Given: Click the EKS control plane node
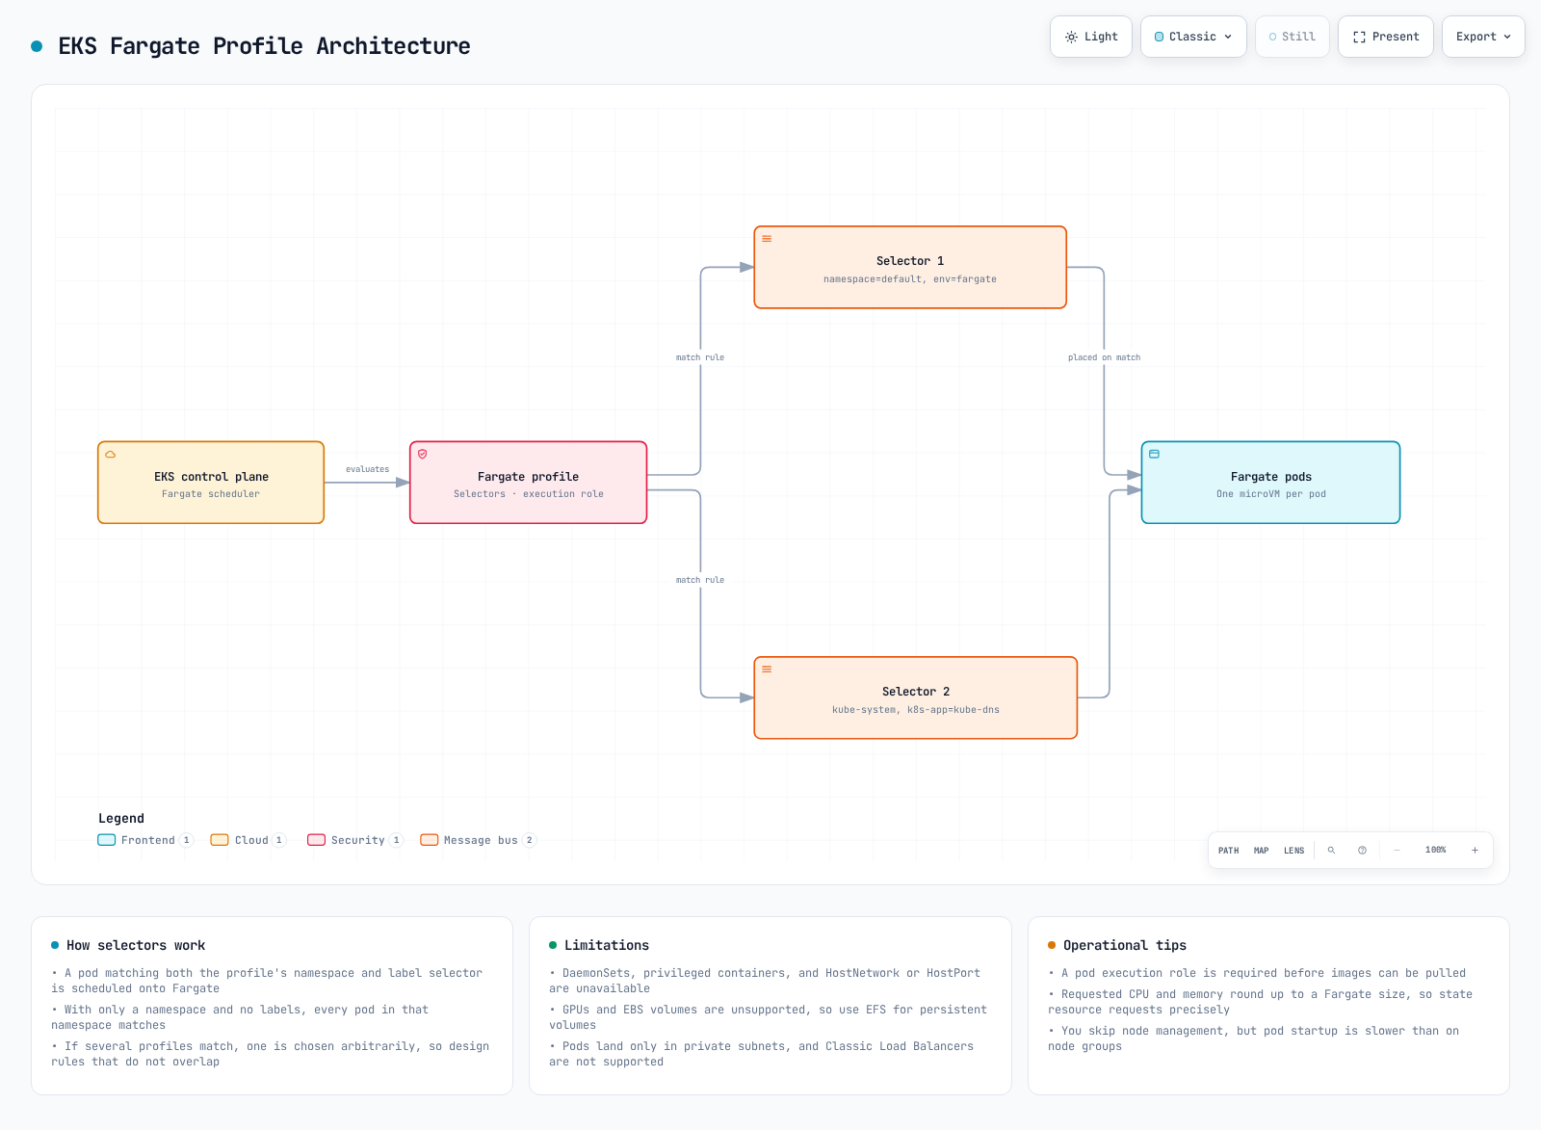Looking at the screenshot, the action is [x=211, y=483].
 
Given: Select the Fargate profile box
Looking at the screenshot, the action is [x=529, y=483].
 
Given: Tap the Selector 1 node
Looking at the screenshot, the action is [x=910, y=267].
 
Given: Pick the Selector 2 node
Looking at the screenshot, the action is [x=916, y=697].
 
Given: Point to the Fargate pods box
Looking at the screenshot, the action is [x=1270, y=483].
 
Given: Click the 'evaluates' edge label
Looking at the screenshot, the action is [x=367, y=469].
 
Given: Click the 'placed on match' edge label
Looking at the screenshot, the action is [x=1104, y=357].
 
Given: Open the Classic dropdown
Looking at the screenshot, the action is [x=1193, y=37].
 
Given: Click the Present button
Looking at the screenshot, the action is [x=1386, y=37].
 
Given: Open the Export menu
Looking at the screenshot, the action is [x=1483, y=37].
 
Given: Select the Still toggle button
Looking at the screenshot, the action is [x=1292, y=37].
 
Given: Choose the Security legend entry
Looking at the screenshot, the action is [x=355, y=840].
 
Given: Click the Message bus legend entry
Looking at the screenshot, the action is [x=478, y=840].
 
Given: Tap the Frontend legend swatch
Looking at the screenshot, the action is [x=107, y=840].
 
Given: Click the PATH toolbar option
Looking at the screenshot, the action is [x=1228, y=851].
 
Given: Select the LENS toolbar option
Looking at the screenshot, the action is [x=1293, y=851].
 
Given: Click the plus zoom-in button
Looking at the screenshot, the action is [x=1475, y=851].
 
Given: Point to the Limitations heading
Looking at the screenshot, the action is [x=606, y=946].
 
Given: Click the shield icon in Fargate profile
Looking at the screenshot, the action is [x=423, y=454].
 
